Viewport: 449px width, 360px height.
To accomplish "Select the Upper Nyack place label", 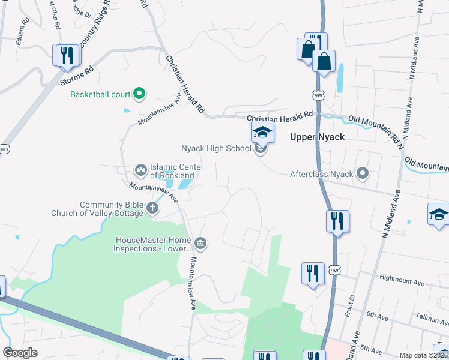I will [x=317, y=137].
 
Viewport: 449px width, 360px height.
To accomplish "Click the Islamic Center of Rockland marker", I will [x=141, y=170].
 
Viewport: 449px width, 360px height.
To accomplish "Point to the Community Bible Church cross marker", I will [x=152, y=208].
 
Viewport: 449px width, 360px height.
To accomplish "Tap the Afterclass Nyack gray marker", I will [x=363, y=174].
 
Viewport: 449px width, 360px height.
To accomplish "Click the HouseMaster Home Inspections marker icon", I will [x=201, y=243].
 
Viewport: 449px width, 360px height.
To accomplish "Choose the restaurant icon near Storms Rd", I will [x=66, y=55].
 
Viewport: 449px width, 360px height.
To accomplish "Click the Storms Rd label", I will [x=80, y=70].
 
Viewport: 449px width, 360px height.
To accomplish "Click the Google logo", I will [x=20, y=353].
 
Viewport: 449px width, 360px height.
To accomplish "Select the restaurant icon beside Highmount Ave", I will [x=312, y=274].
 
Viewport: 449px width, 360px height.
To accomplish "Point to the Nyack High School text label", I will [x=216, y=148].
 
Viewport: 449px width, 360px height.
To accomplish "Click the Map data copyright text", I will [x=423, y=355].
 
